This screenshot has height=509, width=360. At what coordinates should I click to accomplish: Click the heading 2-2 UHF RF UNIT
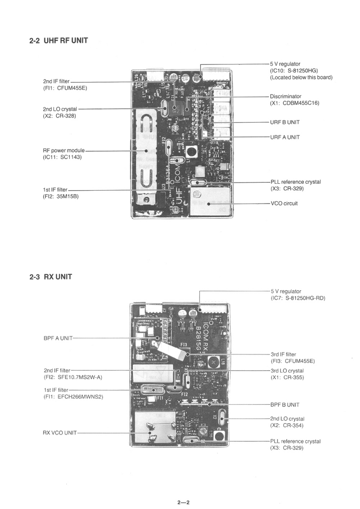pyautogui.click(x=58, y=41)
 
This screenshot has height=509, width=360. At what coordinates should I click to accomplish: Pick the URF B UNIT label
pyautogui.click(x=285, y=122)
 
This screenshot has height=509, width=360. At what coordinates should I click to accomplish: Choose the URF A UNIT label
pyautogui.click(x=285, y=137)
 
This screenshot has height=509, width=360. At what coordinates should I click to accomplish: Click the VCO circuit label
pyautogui.click(x=284, y=203)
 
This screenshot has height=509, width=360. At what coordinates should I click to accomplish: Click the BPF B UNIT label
pyautogui.click(x=285, y=404)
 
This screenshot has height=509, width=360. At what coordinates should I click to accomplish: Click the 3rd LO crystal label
pyautogui.click(x=287, y=371)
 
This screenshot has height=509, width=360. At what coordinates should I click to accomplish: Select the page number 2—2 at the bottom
pyautogui.click(x=183, y=502)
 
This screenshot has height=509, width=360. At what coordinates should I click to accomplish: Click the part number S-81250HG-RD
pyautogui.click(x=306, y=298)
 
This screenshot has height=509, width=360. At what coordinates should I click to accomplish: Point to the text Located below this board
pyautogui.click(x=301, y=78)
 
